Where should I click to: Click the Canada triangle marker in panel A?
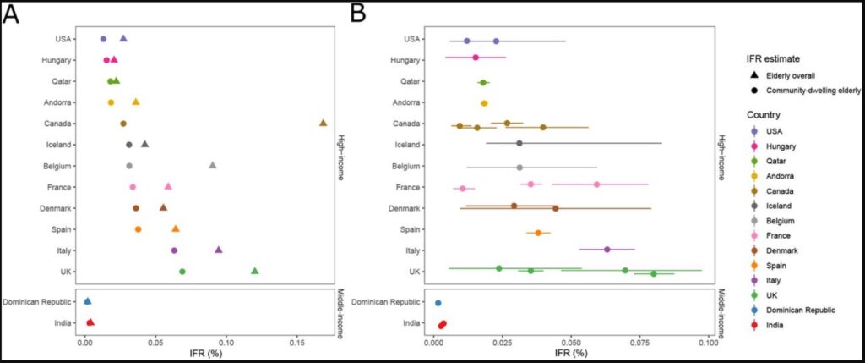[323, 124]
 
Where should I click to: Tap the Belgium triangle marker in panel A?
[212, 166]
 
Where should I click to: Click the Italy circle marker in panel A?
[174, 250]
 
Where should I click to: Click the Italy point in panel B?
[607, 250]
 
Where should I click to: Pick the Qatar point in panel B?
[483, 82]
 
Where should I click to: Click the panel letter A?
[12, 14]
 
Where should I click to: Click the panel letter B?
[358, 14]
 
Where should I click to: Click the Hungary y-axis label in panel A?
[60, 60]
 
